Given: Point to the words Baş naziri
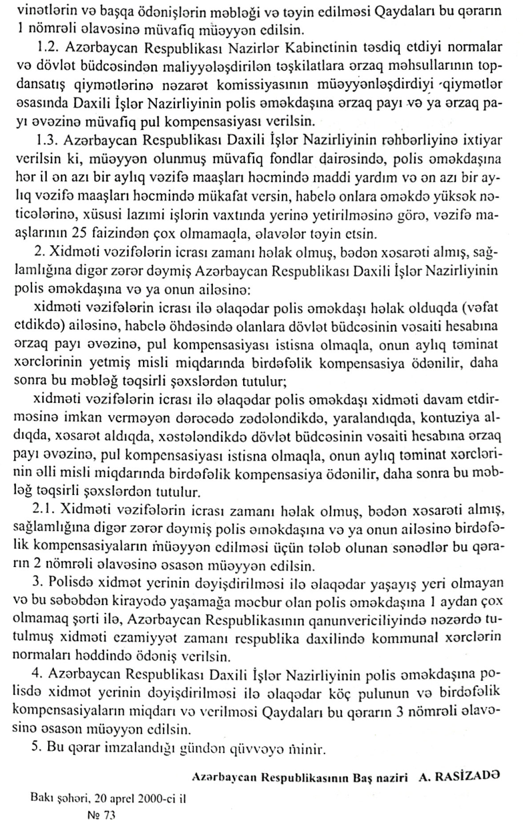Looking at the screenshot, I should click(x=383, y=777).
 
